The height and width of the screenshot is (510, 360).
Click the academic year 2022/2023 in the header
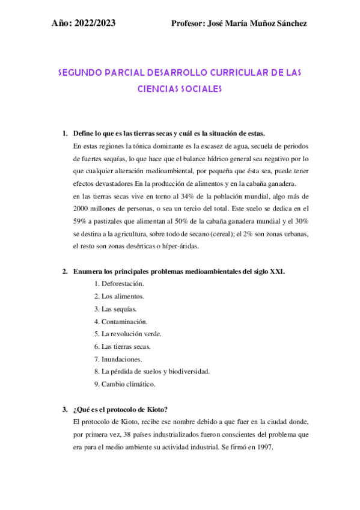[97, 23]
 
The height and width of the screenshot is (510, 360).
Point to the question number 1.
[65, 133]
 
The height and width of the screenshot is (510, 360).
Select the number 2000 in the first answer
[82, 208]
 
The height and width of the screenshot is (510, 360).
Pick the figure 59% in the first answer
[81, 221]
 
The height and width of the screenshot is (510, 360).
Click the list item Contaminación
[124, 321]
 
